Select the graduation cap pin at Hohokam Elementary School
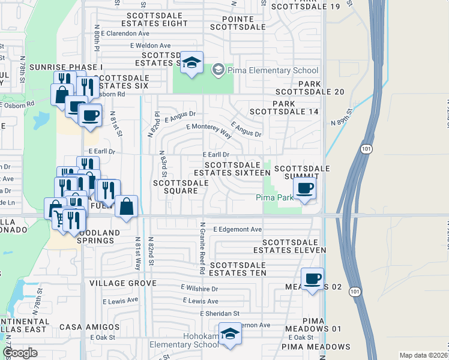(x=229, y=334)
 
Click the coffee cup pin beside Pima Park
(x=305, y=188)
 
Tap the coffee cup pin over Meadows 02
(x=313, y=279)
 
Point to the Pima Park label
(x=275, y=197)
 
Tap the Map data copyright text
(x=424, y=355)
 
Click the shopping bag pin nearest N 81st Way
(x=127, y=206)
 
